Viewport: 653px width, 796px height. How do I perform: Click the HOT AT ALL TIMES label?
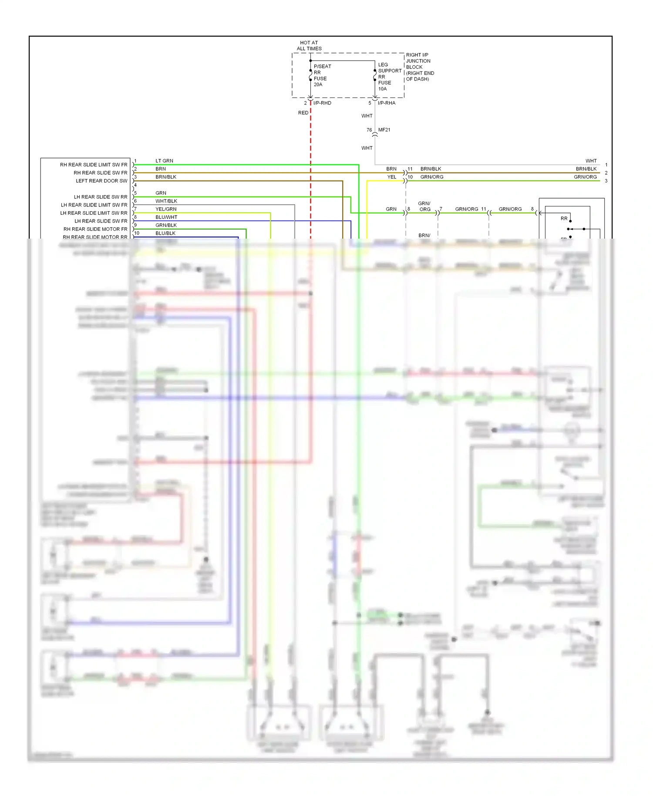pyautogui.click(x=309, y=46)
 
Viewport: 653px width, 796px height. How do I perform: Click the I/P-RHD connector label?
pyautogui.click(x=322, y=103)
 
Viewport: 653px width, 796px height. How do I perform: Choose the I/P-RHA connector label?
pyautogui.click(x=387, y=103)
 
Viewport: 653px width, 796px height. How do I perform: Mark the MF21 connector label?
pyautogui.click(x=384, y=130)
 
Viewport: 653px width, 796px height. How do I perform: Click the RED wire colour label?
pyautogui.click(x=303, y=113)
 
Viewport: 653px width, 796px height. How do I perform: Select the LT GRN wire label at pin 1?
pyautogui.click(x=164, y=161)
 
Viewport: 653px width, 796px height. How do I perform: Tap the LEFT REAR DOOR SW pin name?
pyautogui.click(x=101, y=181)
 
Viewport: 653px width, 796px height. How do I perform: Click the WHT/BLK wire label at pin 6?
pyautogui.click(x=166, y=201)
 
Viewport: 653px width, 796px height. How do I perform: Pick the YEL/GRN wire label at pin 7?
pyautogui.click(x=166, y=209)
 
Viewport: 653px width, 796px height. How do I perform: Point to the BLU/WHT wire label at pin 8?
pyautogui.click(x=166, y=217)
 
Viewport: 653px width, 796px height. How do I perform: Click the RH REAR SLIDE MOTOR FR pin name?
pyautogui.click(x=95, y=229)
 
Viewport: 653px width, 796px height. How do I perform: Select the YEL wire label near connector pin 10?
pyautogui.click(x=392, y=177)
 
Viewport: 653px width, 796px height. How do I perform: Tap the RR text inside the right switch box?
pyautogui.click(x=564, y=219)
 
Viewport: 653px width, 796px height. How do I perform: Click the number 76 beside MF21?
pyautogui.click(x=369, y=130)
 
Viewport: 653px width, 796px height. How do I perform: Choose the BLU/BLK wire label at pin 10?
pyautogui.click(x=165, y=233)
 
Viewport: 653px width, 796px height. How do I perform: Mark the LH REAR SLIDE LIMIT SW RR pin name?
pyautogui.click(x=94, y=213)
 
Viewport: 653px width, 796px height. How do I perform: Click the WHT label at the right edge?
pyautogui.click(x=591, y=161)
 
